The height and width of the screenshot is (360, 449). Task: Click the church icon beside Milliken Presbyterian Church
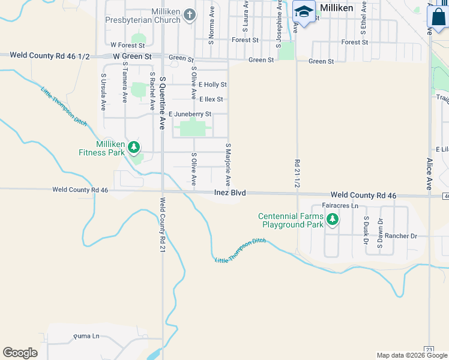pos(190,14)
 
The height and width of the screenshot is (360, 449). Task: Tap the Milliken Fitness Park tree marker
pos(134,146)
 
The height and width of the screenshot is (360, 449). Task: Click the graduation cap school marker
pos(304,13)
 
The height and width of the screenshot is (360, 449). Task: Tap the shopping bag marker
pos(438,17)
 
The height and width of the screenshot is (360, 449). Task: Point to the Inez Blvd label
pos(231,193)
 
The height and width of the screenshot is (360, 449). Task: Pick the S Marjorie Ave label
pos(228,164)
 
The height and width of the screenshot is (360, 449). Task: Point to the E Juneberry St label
pos(190,114)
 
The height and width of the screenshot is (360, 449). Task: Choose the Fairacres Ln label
pos(340,205)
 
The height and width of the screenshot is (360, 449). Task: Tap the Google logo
pos(20,353)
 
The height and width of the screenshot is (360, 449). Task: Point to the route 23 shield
pos(429,349)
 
